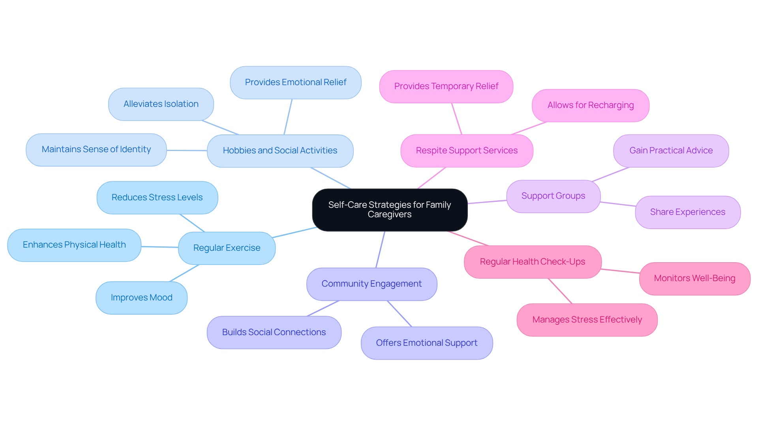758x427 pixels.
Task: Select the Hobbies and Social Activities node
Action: pos(280,151)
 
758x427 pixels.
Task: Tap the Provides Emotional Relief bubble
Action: pos(295,82)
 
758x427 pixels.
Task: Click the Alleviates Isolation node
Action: pos(161,104)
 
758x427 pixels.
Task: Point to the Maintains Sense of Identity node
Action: pos(96,149)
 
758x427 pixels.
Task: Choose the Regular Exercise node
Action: pos(227,248)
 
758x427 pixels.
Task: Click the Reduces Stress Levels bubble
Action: pos(157,198)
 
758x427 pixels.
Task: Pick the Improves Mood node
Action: pos(141,298)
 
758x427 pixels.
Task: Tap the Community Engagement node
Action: pos(371,284)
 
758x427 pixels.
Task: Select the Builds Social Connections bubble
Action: pos(274,332)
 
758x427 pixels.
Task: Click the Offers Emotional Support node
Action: pos(426,343)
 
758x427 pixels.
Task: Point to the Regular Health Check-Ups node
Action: pos(532,262)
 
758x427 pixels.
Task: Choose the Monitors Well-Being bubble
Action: pos(694,278)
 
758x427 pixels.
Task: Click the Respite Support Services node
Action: pos(467,151)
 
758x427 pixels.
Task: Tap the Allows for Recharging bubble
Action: pos(590,105)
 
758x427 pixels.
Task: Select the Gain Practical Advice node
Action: pos(671,151)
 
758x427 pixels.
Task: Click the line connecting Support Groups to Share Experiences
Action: pos(618,204)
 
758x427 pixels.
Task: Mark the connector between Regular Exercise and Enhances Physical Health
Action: pos(160,247)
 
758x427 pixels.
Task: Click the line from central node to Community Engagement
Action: pos(380,250)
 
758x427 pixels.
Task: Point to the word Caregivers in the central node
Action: pos(389,215)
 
